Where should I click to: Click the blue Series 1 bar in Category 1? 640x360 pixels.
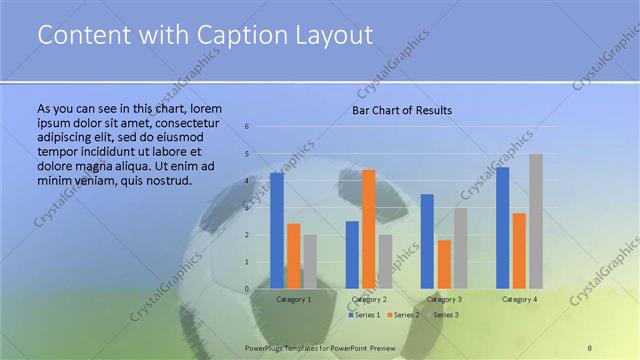277,231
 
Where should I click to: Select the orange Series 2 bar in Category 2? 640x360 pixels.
368,229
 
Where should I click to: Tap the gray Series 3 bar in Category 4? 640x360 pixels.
536,221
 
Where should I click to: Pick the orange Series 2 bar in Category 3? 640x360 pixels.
444,264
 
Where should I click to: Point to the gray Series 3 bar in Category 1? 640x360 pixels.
310,262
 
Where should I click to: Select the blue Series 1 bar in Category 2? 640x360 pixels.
352,255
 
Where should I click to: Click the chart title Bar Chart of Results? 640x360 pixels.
402,110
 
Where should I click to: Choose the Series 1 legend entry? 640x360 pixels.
366,315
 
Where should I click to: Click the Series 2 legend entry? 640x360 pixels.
405,315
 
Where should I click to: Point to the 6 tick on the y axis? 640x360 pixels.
247,127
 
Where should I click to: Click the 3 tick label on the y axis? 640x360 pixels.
247,208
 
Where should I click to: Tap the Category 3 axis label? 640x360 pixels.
444,299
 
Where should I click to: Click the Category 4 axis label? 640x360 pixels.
519,299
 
